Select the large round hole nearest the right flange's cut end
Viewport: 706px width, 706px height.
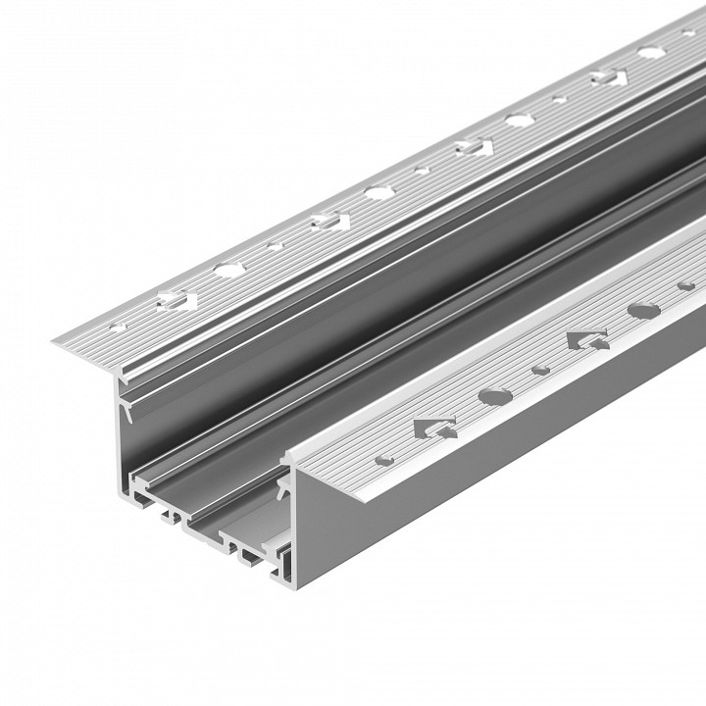495,396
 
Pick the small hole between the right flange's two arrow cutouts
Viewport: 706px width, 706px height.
538,371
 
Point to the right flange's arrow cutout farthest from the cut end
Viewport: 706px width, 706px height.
585,340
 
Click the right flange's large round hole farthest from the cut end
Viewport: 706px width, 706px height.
641,312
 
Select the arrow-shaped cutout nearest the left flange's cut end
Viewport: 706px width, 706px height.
176,300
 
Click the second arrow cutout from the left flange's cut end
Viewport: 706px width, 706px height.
327,220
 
